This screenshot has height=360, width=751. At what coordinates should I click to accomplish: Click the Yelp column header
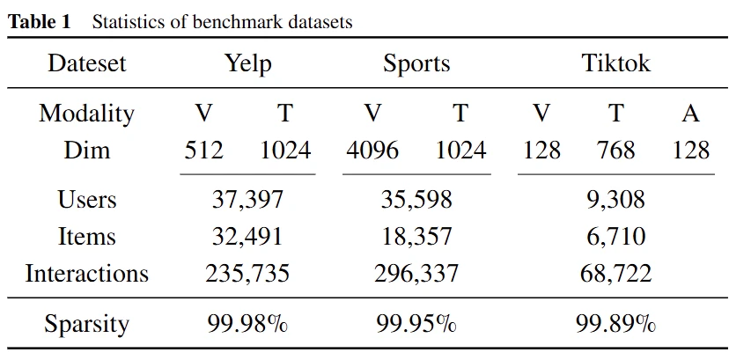pyautogui.click(x=247, y=64)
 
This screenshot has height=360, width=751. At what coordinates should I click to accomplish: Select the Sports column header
pyautogui.click(x=416, y=64)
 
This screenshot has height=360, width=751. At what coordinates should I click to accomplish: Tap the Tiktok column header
pyautogui.click(x=616, y=64)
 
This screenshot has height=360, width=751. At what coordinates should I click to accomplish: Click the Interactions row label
pyautogui.click(x=87, y=273)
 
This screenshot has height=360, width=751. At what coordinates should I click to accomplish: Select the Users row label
pyautogui.click(x=87, y=200)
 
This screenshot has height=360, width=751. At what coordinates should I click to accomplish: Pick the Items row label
pyautogui.click(x=87, y=236)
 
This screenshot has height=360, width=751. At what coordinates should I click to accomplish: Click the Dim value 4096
pyautogui.click(x=372, y=150)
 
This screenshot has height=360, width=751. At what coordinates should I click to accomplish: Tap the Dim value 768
pyautogui.click(x=616, y=150)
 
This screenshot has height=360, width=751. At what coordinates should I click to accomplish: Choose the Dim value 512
pyautogui.click(x=203, y=150)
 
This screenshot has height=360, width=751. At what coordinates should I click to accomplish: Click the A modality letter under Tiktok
pyautogui.click(x=690, y=114)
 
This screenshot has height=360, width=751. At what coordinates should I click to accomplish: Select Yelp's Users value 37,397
pyautogui.click(x=247, y=200)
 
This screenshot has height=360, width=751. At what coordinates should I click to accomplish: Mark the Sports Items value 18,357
pyautogui.click(x=416, y=236)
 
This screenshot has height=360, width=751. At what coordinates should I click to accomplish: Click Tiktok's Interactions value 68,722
pyautogui.click(x=616, y=273)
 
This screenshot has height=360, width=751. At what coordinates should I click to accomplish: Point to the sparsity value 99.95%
pyautogui.click(x=416, y=324)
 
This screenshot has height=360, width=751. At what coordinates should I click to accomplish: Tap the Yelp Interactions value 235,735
pyautogui.click(x=247, y=273)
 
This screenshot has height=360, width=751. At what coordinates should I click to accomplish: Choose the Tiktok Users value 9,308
pyautogui.click(x=616, y=200)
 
